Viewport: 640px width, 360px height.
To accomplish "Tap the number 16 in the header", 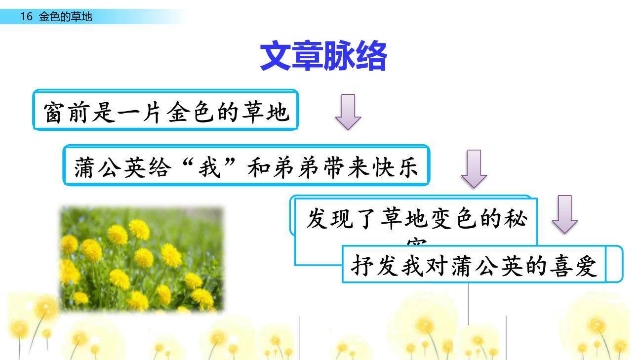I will (x=26, y=17).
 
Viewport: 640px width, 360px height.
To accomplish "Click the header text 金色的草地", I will (x=66, y=17).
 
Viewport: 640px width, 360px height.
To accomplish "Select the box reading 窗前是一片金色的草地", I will (x=165, y=111).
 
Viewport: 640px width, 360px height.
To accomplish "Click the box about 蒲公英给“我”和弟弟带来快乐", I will (x=246, y=166).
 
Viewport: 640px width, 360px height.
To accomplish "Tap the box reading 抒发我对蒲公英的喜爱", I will (x=474, y=265).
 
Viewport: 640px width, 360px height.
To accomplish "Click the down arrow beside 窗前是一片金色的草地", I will (x=348, y=112).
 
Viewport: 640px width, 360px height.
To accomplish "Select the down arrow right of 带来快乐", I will (x=474, y=168).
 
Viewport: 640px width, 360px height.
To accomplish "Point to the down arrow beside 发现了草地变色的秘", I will (x=564, y=214).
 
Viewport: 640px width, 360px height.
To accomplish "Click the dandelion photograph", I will (x=142, y=259).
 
